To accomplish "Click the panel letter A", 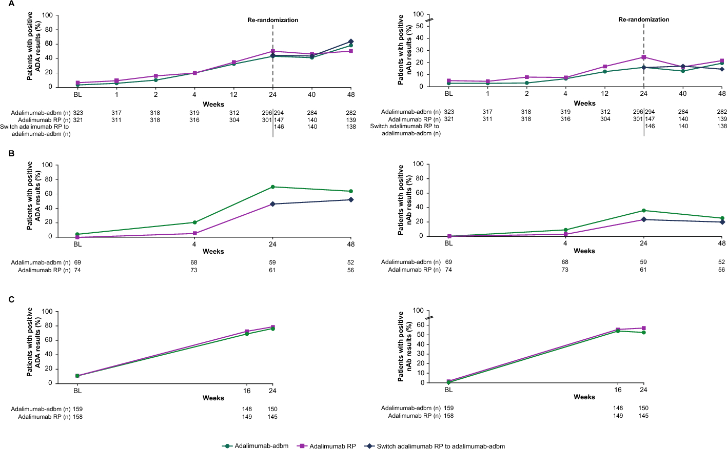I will [11, 4].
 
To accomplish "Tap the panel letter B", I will [11, 153].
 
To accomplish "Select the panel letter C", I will [11, 299].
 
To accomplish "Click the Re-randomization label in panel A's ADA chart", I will [272, 20].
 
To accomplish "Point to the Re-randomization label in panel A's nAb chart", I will [643, 19].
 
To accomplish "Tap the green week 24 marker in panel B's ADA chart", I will [272, 187].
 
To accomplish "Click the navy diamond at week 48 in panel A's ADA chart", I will [351, 42].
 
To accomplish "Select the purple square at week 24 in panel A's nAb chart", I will [644, 57].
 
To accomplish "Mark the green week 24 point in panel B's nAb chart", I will [644, 211].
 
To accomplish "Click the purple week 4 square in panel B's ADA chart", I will [194, 233].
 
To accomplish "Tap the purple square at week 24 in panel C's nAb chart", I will [644, 328].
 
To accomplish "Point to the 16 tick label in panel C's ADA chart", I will [247, 391].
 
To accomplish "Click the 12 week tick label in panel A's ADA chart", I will [233, 94].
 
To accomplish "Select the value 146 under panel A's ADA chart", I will [279, 127].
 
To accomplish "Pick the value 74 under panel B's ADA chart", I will [77, 270].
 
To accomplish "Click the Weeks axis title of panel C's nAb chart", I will [584, 397].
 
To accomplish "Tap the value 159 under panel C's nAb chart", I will [448, 408].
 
